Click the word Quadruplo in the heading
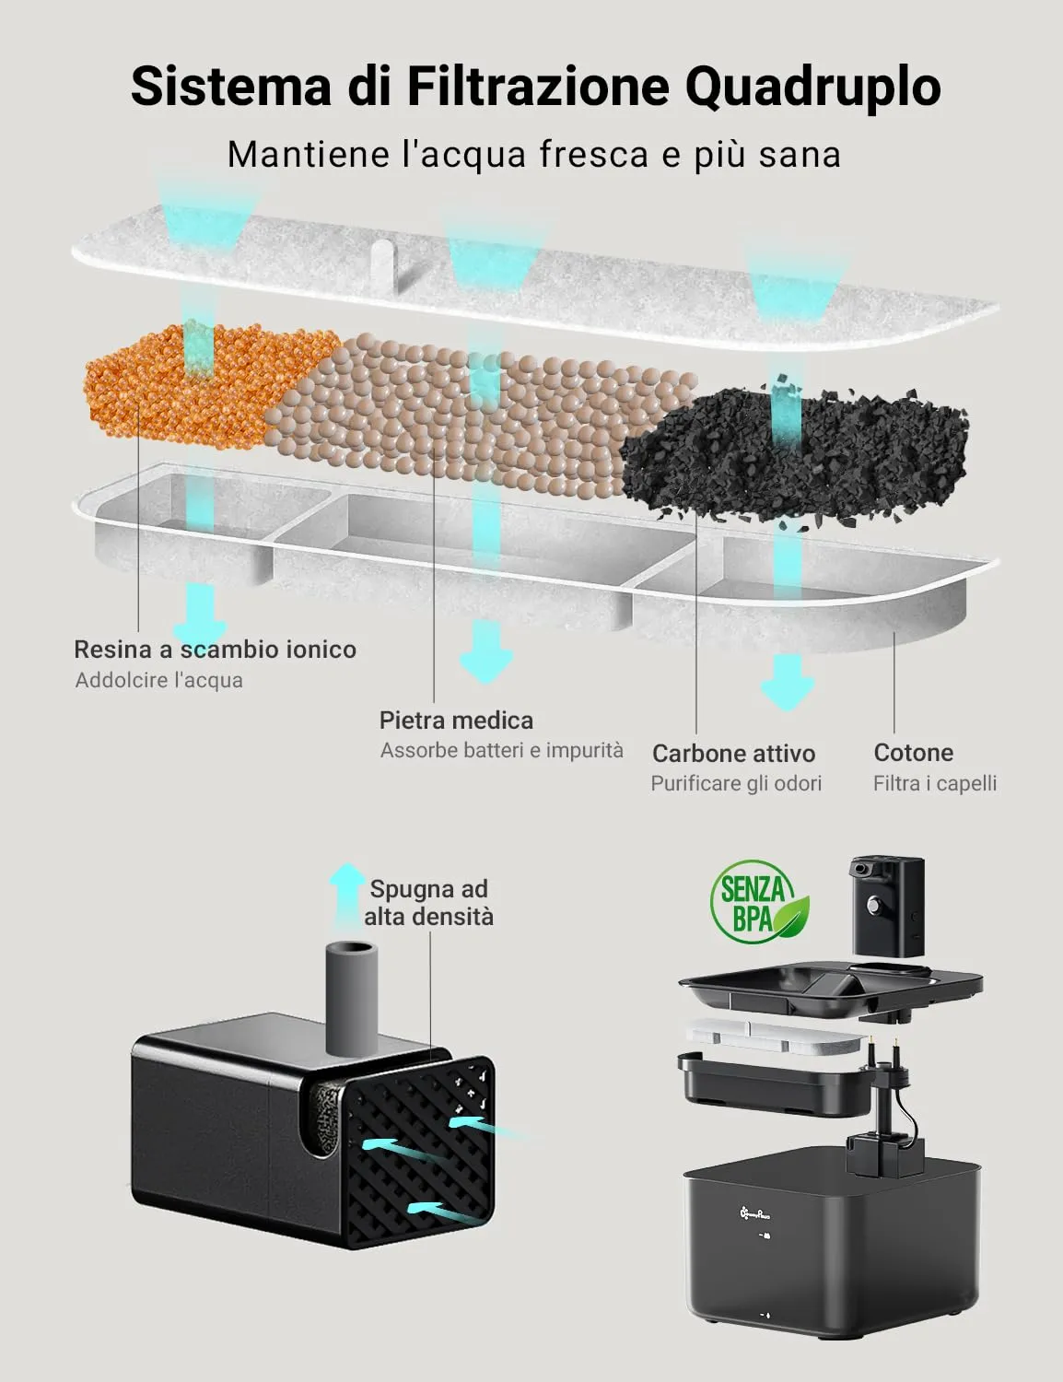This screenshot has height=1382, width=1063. (813, 88)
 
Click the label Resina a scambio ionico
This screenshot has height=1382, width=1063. (215, 650)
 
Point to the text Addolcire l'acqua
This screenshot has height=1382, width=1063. (159, 681)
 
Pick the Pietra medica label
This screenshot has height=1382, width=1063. (456, 720)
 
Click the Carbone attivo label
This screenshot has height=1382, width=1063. (733, 754)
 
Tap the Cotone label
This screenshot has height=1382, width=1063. (914, 753)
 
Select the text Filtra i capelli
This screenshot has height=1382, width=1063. (935, 783)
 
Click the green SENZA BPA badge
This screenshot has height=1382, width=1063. (758, 902)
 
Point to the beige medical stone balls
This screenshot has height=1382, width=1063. (477, 414)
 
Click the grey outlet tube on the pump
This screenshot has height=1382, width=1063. (352, 999)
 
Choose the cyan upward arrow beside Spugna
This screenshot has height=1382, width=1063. (348, 896)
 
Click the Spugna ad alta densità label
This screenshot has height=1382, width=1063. (428, 903)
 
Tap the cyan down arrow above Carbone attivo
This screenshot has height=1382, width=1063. (788, 682)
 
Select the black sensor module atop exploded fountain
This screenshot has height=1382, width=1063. (887, 907)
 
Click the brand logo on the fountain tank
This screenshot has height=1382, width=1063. (754, 1214)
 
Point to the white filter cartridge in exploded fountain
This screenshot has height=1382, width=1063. (776, 1037)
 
